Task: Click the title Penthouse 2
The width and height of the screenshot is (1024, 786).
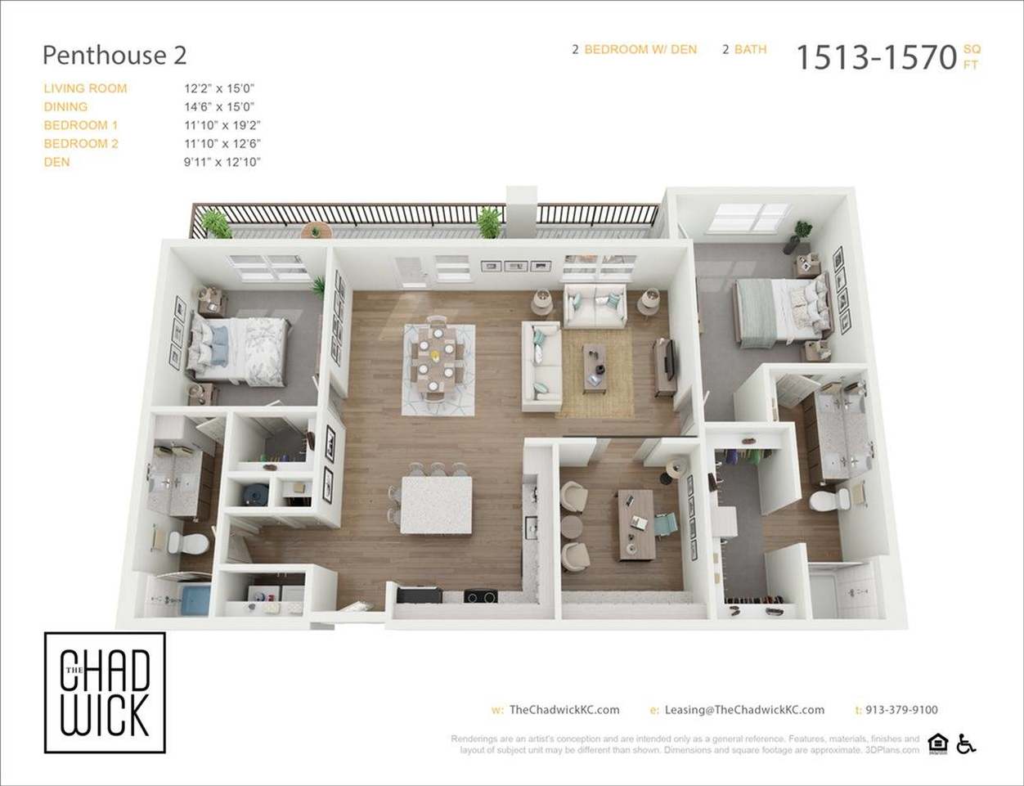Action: point(115,56)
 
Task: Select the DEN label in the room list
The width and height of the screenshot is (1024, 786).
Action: point(57,162)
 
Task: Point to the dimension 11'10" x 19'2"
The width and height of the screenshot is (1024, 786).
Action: point(222,125)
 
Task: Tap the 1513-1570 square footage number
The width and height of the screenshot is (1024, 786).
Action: point(876,57)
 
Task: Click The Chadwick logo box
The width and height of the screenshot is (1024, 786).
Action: point(105,692)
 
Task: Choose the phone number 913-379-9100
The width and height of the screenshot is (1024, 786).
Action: point(901,710)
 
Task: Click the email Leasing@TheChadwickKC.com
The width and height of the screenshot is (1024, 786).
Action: point(744,710)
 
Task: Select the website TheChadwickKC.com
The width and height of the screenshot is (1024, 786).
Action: point(564,710)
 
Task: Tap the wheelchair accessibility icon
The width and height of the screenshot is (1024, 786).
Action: point(967,743)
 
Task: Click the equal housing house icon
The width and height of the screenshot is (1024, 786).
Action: point(938,743)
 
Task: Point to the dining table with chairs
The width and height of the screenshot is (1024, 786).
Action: point(438,362)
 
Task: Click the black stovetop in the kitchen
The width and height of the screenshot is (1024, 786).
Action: point(482,596)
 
